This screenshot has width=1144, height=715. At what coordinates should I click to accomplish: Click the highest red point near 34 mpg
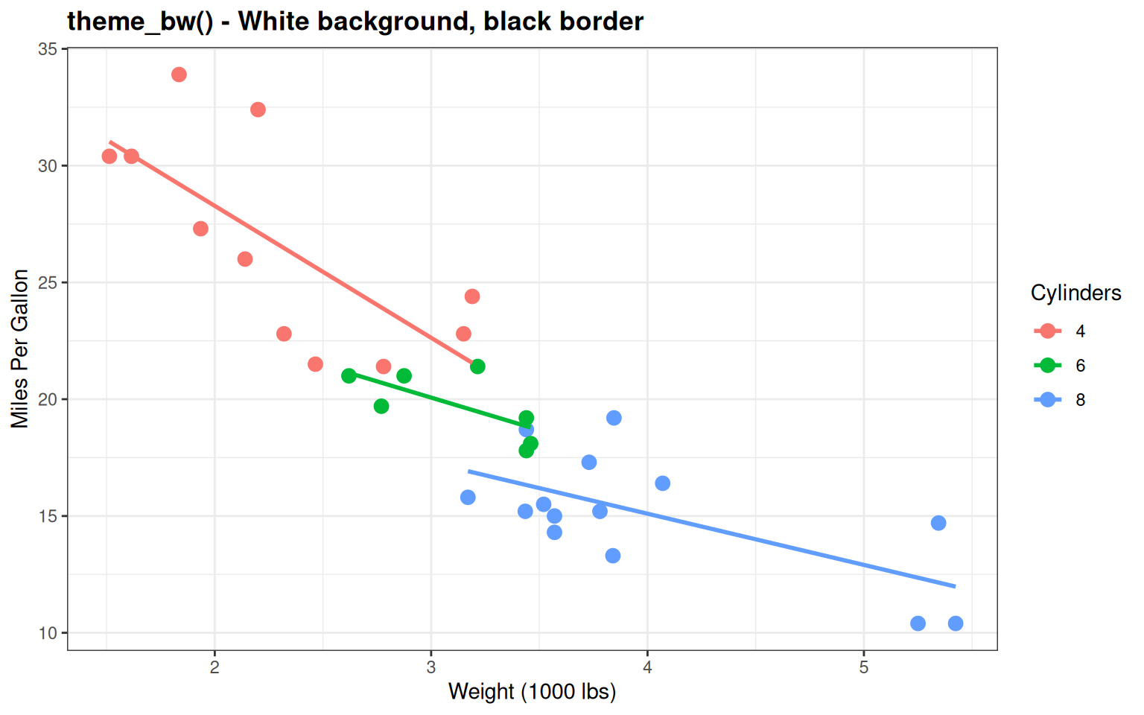click(x=179, y=74)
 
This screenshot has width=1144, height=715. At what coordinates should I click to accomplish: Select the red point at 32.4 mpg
click(x=258, y=109)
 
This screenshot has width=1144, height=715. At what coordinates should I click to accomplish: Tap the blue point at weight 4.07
click(x=662, y=483)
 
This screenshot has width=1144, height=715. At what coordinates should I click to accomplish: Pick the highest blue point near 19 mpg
click(x=614, y=418)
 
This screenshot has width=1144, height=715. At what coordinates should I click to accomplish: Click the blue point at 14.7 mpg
click(x=938, y=523)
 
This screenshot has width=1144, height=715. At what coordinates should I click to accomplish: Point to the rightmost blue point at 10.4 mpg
click(x=956, y=623)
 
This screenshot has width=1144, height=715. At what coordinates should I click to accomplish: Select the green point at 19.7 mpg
click(x=381, y=406)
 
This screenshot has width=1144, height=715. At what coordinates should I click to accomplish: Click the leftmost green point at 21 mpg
click(x=349, y=376)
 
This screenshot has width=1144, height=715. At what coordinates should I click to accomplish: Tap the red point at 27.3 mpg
click(x=200, y=229)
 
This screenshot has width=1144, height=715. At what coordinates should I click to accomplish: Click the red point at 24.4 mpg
click(x=472, y=296)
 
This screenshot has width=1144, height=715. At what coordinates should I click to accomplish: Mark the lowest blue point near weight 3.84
click(x=613, y=556)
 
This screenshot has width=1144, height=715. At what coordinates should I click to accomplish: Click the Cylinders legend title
click(x=1075, y=293)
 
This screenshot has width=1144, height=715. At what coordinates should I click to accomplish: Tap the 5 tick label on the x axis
click(x=864, y=667)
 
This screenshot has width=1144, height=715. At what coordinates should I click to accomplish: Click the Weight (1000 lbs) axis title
click(x=532, y=692)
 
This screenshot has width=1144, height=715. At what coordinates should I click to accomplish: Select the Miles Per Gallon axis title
click(x=20, y=349)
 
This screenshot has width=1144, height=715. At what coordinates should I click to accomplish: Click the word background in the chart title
click(x=398, y=21)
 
